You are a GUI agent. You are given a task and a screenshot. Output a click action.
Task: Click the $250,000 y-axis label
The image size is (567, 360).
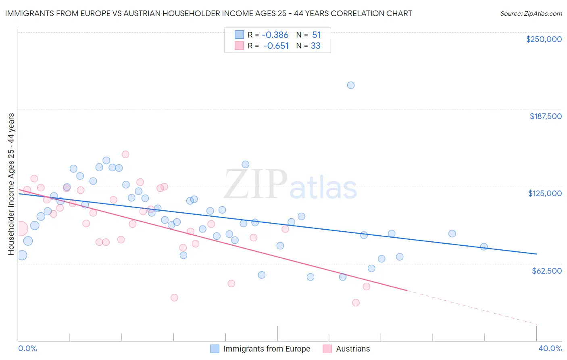(x=544, y=39)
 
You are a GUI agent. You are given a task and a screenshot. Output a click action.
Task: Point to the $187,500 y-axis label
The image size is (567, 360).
(x=545, y=116)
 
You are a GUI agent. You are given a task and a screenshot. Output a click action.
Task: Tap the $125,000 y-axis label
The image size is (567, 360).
(x=545, y=193)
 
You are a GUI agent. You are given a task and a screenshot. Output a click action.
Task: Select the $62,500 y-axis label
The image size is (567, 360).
(x=546, y=271)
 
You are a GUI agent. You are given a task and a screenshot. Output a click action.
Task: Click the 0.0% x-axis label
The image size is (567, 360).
(x=27, y=348)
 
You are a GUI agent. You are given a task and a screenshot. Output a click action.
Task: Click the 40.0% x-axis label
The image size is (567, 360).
(x=550, y=348)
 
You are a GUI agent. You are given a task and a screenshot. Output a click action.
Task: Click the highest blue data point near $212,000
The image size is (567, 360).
(x=351, y=85)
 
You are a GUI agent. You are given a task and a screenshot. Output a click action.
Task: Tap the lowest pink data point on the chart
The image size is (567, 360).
(x=356, y=303)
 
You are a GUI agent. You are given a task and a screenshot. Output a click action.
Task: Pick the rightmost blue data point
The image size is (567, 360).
(x=484, y=247)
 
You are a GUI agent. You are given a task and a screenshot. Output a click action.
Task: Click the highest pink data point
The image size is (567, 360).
(x=125, y=154)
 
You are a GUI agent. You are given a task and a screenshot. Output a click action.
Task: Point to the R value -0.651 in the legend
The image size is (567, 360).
(x=276, y=46)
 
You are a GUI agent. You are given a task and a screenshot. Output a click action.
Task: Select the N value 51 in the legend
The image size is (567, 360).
(x=316, y=35)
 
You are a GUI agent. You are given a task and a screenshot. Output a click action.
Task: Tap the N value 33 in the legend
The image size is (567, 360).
(x=315, y=46)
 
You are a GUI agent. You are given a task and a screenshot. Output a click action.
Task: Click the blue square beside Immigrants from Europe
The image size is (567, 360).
(x=215, y=349)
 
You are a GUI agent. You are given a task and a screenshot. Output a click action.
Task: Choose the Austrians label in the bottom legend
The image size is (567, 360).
(x=353, y=349)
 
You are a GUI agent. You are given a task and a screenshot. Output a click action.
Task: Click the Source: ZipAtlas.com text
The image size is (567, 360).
(x=531, y=14)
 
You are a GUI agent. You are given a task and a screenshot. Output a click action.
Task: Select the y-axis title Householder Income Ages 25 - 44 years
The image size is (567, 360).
(x=11, y=184)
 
